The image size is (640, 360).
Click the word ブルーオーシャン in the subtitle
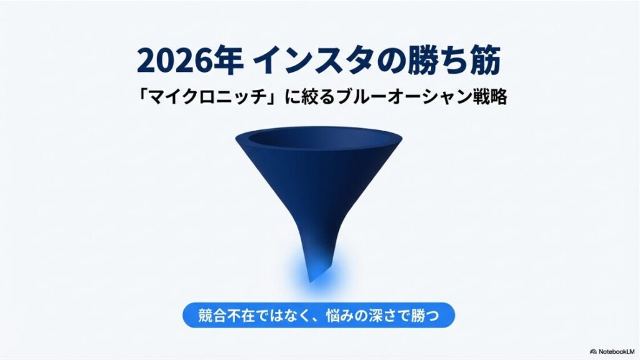[399, 99]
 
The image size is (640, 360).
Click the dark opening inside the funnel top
[319, 138]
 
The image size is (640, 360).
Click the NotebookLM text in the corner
[618, 351]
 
